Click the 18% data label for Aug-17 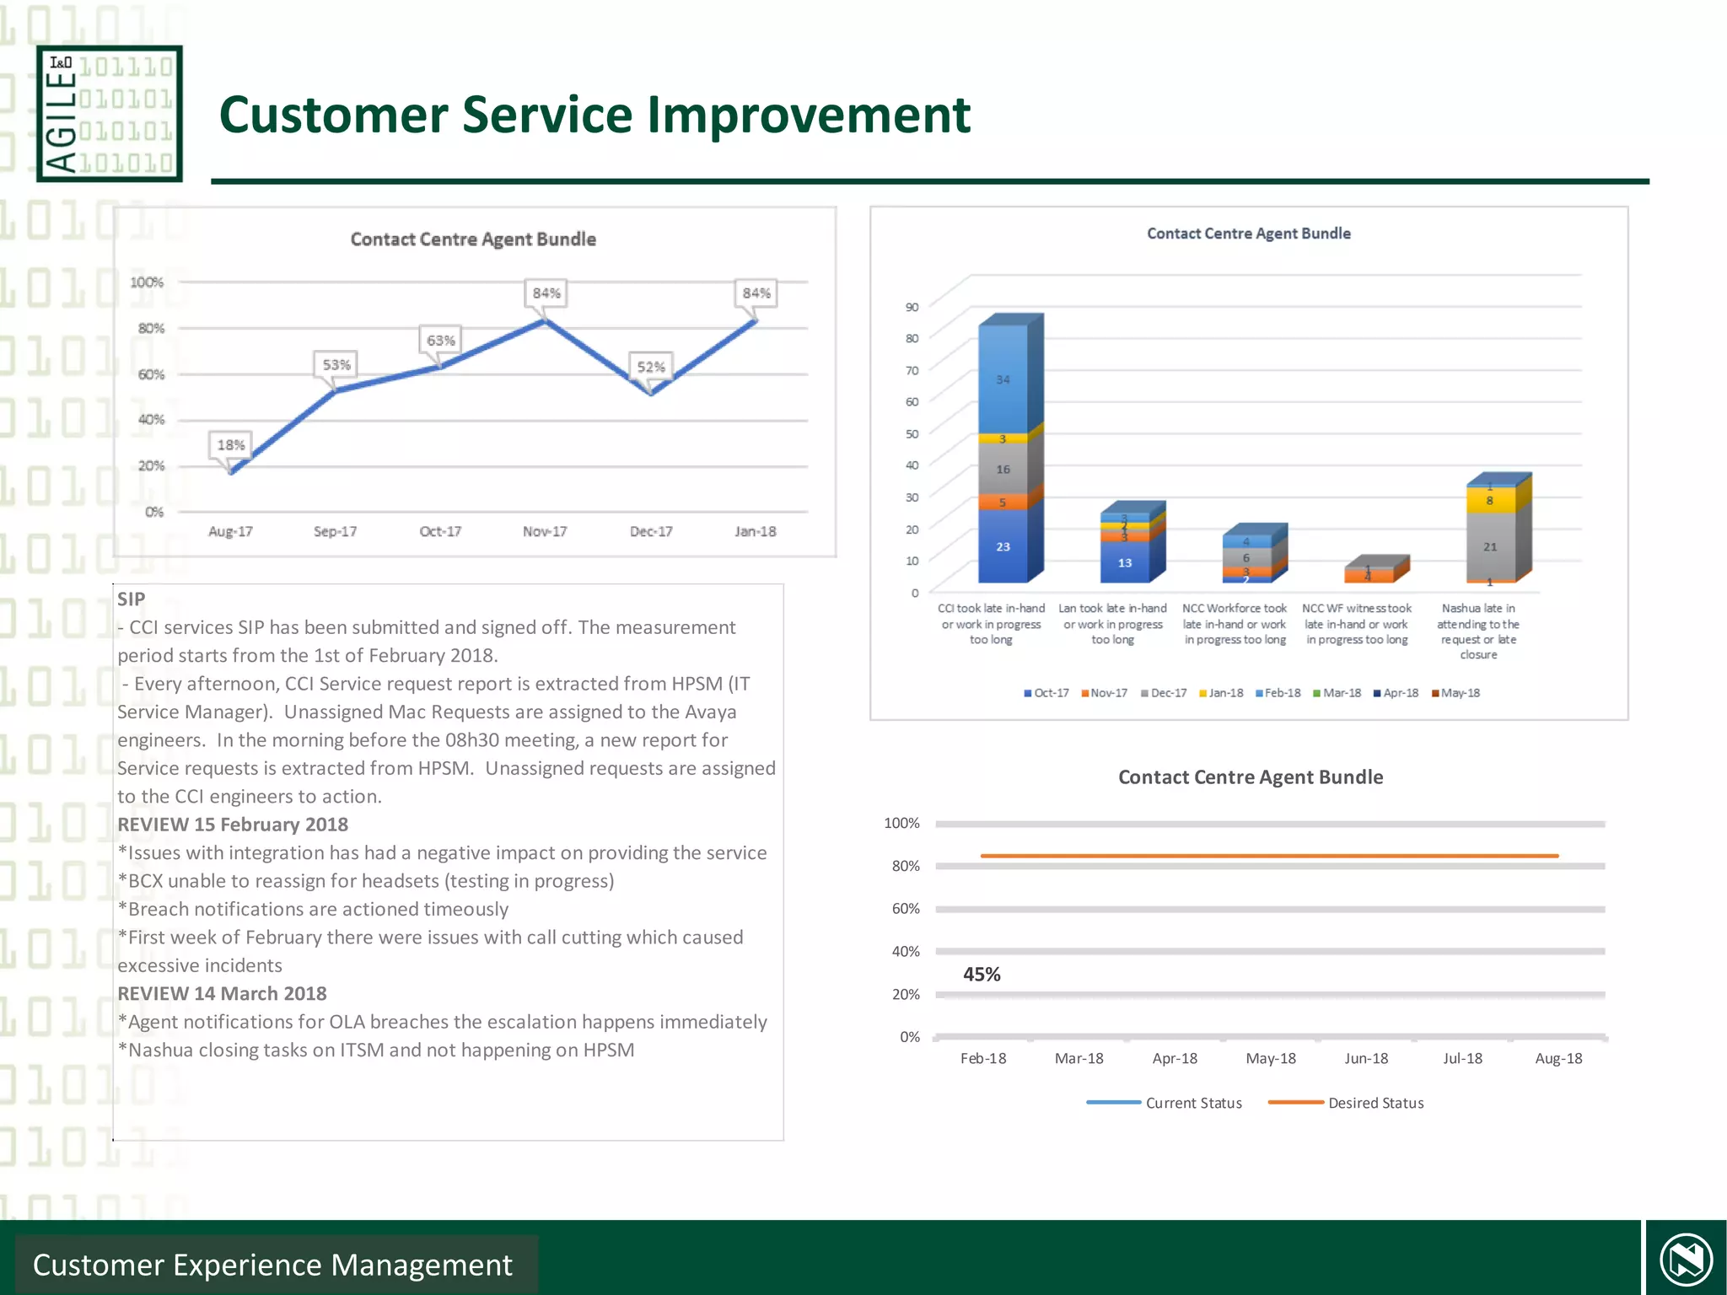coord(231,444)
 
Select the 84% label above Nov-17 coord(546,293)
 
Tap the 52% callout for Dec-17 coord(651,367)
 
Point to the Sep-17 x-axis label coord(335,531)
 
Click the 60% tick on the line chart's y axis coord(152,373)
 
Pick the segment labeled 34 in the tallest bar coord(1003,379)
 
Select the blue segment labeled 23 coord(1003,546)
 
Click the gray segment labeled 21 coord(1490,546)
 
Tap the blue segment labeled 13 coord(1124,562)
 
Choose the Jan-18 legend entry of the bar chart coord(1221,693)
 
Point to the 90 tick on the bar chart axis coord(912,307)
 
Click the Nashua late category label coord(1478,631)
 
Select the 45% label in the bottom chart coord(982,974)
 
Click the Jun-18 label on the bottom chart coord(1366,1058)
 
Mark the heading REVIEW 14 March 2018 coord(222,993)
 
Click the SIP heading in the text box coord(131,599)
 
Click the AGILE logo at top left coord(110,114)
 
